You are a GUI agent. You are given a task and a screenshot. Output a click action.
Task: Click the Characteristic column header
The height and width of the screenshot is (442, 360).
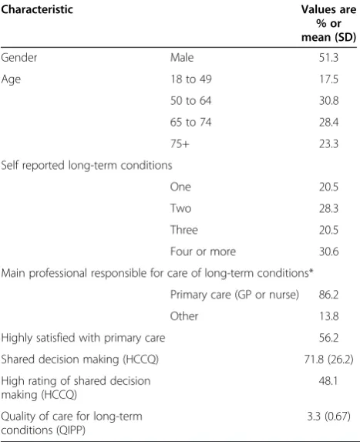(x=37, y=9)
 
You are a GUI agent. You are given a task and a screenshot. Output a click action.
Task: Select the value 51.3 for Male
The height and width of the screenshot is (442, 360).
(x=328, y=58)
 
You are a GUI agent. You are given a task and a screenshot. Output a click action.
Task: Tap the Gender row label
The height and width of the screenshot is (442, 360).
(x=19, y=58)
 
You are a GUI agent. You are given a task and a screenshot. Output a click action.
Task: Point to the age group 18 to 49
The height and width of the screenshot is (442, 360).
(x=190, y=79)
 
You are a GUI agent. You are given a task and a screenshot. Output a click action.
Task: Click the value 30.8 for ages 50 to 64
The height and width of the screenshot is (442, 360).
(x=328, y=100)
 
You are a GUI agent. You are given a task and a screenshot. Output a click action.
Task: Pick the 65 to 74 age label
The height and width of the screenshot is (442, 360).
(x=190, y=123)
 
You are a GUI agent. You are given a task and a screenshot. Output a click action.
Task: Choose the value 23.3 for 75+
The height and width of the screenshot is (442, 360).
(x=328, y=143)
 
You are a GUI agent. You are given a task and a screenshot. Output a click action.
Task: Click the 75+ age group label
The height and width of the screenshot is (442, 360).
(x=180, y=143)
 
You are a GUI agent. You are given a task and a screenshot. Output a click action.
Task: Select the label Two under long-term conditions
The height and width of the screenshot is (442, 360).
(x=180, y=208)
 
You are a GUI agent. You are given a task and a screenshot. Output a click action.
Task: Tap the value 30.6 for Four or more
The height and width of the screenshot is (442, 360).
(x=328, y=251)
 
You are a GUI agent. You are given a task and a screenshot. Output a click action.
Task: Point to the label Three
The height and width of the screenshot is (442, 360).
(x=184, y=230)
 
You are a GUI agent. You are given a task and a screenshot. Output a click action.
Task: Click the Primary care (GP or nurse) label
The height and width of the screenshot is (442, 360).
(x=234, y=295)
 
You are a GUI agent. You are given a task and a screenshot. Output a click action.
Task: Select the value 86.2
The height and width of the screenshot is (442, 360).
(x=328, y=295)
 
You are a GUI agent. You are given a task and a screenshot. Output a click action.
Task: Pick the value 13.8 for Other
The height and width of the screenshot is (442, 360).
(x=328, y=316)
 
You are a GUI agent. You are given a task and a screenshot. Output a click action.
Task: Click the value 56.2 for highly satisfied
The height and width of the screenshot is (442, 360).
(x=328, y=338)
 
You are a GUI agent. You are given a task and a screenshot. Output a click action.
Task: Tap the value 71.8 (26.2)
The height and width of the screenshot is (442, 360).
(x=328, y=359)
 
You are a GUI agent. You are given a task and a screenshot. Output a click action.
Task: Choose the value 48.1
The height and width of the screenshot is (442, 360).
(x=328, y=381)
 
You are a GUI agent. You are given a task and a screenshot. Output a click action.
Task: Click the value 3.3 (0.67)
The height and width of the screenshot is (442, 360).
(x=328, y=417)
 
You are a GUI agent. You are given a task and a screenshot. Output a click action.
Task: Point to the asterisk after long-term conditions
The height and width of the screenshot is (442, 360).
(x=311, y=271)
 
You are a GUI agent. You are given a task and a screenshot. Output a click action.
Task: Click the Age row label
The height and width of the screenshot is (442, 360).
(x=11, y=79)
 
